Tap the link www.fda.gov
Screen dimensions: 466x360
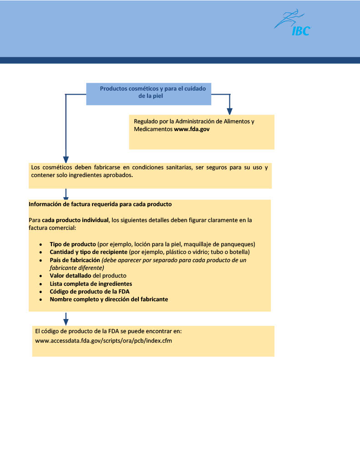coord(192,129)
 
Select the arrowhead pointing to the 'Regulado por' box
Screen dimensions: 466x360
coord(230,111)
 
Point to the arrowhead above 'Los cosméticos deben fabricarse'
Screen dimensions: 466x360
coord(66,159)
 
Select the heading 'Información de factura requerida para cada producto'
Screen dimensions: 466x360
coord(100,204)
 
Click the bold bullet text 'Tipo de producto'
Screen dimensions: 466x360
coord(72,244)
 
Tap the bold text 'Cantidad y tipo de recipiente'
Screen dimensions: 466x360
coord(88,252)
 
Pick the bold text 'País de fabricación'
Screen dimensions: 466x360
coord(75,260)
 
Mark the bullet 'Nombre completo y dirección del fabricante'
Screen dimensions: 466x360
coord(109,299)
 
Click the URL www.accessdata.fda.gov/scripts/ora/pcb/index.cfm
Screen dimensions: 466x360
coord(103,340)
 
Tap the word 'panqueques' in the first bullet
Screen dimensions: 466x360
coord(239,244)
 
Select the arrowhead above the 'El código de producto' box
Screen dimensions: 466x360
coord(66,321)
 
